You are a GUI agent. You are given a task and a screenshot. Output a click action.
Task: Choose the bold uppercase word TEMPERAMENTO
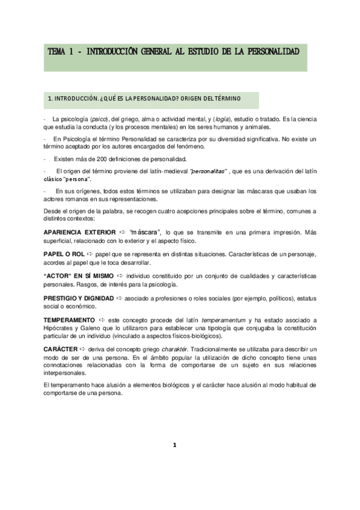69,319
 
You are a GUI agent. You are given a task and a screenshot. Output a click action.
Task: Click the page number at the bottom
174,446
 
